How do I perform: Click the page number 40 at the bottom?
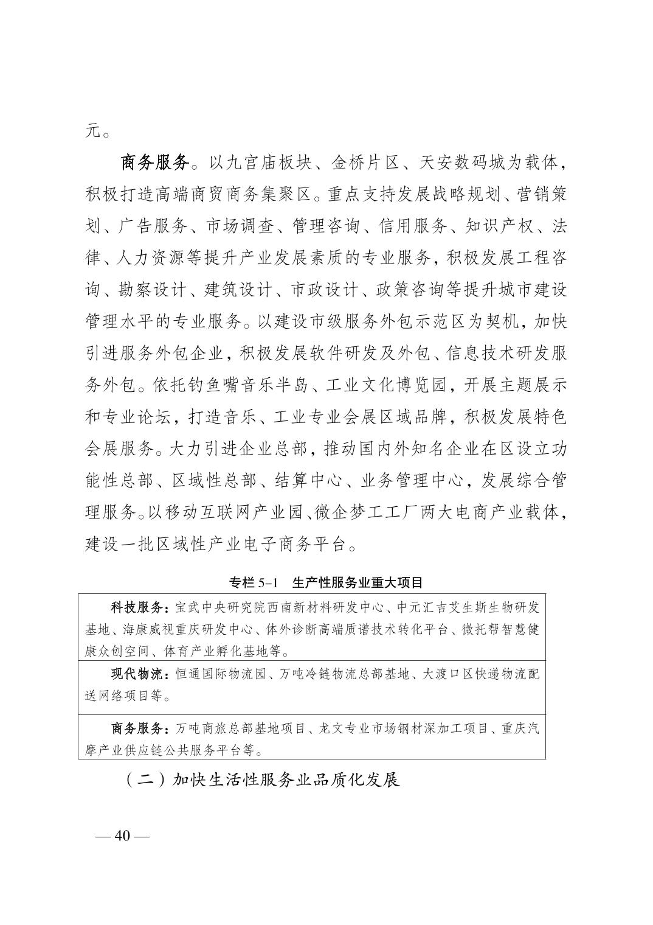[x=123, y=836]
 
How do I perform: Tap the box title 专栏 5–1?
[x=253, y=582]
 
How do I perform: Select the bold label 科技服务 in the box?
[x=134, y=607]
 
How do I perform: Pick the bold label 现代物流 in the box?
[x=134, y=674]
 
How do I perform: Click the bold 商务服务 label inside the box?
[x=134, y=728]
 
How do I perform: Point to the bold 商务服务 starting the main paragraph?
[x=156, y=163]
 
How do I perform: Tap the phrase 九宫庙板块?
[x=268, y=163]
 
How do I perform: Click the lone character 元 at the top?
[x=92, y=130]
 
